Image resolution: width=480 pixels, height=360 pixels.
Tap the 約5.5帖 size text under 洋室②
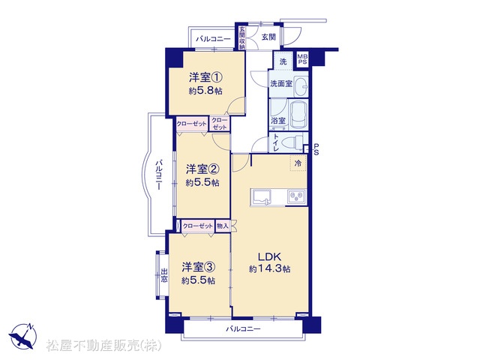pos(202,183)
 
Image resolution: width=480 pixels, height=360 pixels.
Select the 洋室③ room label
pos(198,267)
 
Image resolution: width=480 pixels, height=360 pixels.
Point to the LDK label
pos(269,256)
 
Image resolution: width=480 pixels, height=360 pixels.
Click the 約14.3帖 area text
pos(270,269)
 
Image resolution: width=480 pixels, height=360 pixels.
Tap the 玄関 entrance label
pos(268,37)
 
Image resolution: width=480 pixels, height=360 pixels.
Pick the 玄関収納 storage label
pos(242,38)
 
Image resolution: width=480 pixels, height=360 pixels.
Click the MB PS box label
pos(303,59)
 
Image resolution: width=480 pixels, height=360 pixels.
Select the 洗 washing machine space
pos(283,61)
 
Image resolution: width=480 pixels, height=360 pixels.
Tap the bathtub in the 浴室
pos(298,115)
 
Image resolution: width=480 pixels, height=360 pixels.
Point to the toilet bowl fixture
pos(292,142)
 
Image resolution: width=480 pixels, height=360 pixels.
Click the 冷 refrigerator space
pos(298,163)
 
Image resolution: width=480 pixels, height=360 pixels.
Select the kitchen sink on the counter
pos(261,197)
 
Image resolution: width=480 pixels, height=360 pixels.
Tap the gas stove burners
pos(296,196)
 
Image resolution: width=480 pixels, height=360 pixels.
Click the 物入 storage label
pos(222,226)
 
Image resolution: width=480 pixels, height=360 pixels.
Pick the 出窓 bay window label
pos(164,275)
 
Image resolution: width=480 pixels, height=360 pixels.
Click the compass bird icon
pos(23,336)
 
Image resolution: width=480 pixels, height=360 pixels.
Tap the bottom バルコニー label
pos(243,329)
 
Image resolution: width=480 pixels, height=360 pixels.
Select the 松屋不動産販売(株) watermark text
pos(103,346)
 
